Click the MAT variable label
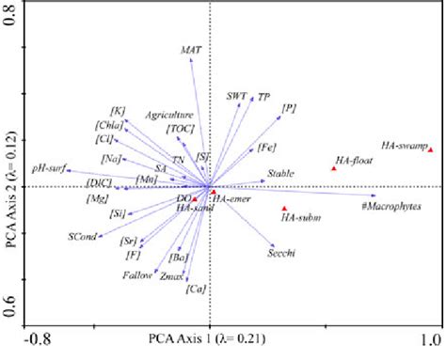191,47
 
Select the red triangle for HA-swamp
431,149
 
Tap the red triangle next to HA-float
334,168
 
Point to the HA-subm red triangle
284,209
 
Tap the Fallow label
137,275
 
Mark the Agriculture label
169,115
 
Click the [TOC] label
179,128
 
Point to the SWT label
236,95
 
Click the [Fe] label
265,147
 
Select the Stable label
279,173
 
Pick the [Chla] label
111,125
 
